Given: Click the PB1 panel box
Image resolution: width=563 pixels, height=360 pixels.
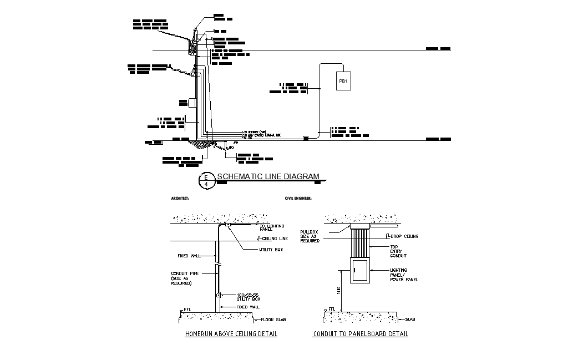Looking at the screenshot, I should (343, 82).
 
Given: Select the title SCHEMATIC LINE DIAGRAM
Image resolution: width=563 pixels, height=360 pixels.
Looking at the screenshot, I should (268, 177).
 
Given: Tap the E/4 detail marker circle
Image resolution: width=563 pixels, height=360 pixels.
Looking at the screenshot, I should (206, 180).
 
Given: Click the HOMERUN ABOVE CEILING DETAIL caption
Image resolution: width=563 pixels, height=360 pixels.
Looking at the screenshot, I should (231, 334).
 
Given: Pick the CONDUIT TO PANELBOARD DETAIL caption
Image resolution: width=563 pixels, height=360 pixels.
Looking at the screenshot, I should (361, 334).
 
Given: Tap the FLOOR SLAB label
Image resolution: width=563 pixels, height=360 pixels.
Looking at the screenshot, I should (270, 320).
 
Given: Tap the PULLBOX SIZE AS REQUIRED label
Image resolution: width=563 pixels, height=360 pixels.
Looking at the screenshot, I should (310, 236).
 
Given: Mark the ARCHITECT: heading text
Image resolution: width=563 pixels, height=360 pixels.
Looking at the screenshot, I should (180, 198).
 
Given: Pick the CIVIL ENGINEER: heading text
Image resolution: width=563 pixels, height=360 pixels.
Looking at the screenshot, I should (298, 198).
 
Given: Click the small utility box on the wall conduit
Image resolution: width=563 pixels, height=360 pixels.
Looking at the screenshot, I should (218, 295).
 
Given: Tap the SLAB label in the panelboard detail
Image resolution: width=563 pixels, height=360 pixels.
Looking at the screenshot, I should (410, 319).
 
